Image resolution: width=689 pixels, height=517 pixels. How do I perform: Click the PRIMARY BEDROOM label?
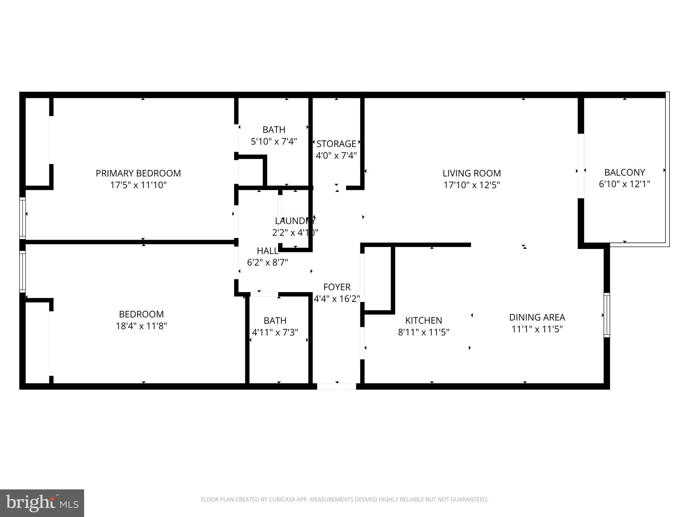138,173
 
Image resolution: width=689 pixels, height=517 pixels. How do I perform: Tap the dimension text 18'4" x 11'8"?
141,326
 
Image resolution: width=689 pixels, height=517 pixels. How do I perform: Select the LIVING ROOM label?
472,173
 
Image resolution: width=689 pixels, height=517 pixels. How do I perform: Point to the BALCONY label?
624,172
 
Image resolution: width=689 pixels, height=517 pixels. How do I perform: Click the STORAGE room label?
336,144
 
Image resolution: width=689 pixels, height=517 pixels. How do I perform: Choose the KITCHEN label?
424,320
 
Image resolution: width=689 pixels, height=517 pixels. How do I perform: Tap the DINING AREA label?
537,317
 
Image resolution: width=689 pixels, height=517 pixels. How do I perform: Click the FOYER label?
337,287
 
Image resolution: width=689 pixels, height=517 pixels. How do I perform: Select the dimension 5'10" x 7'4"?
274,141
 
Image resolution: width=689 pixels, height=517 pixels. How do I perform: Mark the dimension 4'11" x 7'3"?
275,333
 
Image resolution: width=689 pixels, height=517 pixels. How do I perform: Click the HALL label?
267,251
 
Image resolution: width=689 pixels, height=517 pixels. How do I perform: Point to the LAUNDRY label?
295,221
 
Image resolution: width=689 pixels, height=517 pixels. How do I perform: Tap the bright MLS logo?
42,503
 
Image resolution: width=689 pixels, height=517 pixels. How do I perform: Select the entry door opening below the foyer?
336,386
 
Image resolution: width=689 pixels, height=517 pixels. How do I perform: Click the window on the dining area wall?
607,315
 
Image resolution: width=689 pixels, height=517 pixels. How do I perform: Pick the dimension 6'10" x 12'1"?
624,184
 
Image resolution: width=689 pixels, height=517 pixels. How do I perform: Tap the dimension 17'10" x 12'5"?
472,185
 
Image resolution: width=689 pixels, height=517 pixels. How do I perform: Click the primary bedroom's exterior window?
22,218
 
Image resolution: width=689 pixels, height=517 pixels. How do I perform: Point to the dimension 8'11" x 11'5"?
424,333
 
